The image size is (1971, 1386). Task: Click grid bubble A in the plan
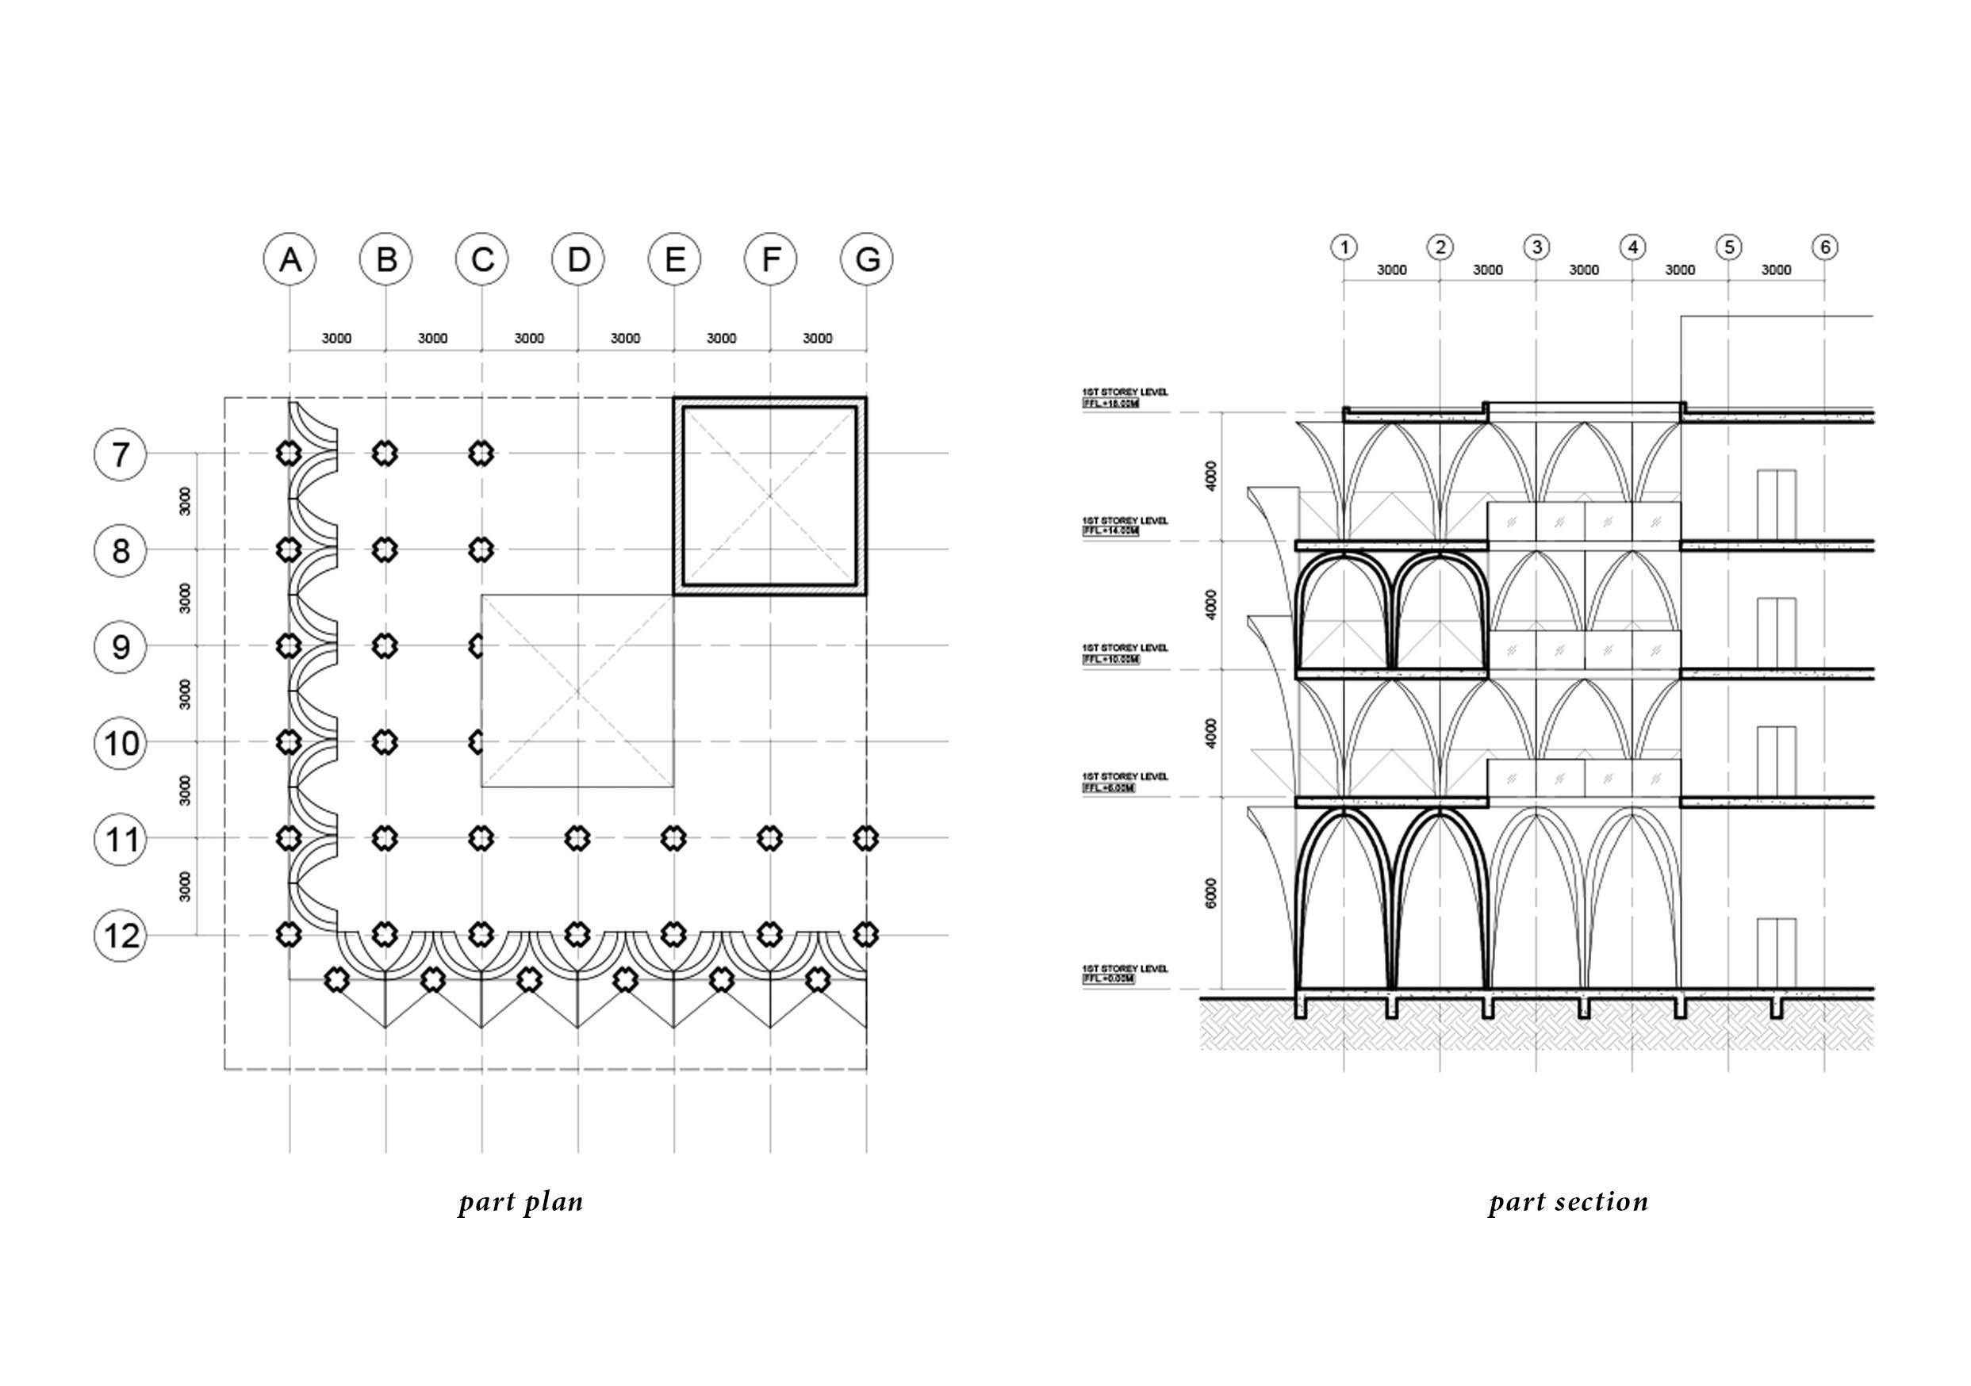(290, 258)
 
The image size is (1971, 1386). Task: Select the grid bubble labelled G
(867, 258)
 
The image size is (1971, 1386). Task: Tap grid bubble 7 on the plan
(121, 453)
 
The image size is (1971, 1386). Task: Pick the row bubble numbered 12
(121, 935)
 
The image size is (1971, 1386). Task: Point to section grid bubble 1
(1344, 247)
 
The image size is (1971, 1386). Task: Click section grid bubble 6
(1825, 247)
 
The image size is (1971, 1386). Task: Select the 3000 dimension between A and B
(336, 338)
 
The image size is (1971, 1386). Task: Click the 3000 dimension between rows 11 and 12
(186, 886)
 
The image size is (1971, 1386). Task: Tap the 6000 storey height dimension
(1211, 894)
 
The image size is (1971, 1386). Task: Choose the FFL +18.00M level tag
(1111, 404)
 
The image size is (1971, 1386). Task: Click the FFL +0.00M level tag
(1109, 979)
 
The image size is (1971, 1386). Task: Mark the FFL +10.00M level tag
(1111, 659)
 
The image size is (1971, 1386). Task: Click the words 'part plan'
(521, 1201)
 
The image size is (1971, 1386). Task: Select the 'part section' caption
(1568, 1201)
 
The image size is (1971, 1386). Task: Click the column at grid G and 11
(867, 837)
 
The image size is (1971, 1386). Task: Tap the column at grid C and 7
(482, 453)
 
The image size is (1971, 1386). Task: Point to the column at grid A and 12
(290, 934)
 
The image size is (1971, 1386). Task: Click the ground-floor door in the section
(1776, 952)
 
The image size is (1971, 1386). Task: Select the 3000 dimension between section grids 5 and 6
(1776, 270)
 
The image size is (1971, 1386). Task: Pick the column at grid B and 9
(386, 645)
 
